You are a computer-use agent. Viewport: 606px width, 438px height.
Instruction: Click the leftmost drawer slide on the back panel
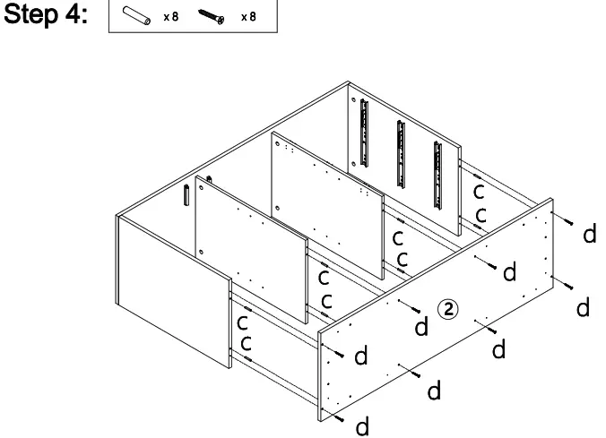pos(365,133)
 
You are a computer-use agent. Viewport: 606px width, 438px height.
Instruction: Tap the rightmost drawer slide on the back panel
pos(437,157)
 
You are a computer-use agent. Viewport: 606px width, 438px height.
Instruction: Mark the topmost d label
pos(588,235)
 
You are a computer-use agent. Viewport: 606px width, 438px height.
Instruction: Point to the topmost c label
pos(480,192)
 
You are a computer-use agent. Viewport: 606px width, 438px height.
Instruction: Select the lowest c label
pos(245,343)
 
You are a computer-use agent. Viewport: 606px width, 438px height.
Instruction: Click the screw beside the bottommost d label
pos(337,414)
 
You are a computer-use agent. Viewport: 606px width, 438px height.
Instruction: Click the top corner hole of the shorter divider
pos(206,179)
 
